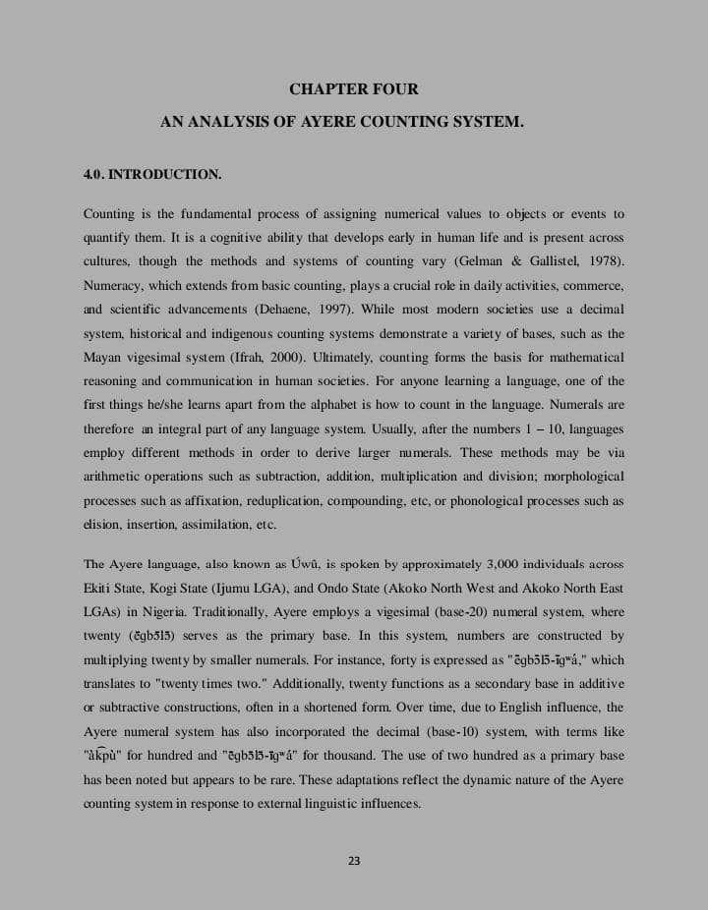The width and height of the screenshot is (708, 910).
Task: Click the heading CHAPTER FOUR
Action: click(x=354, y=89)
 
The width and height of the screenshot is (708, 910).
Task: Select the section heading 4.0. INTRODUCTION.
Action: click(x=152, y=175)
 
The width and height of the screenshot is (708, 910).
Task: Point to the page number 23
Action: click(x=354, y=861)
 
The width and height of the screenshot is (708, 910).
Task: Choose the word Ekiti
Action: click(x=100, y=588)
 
